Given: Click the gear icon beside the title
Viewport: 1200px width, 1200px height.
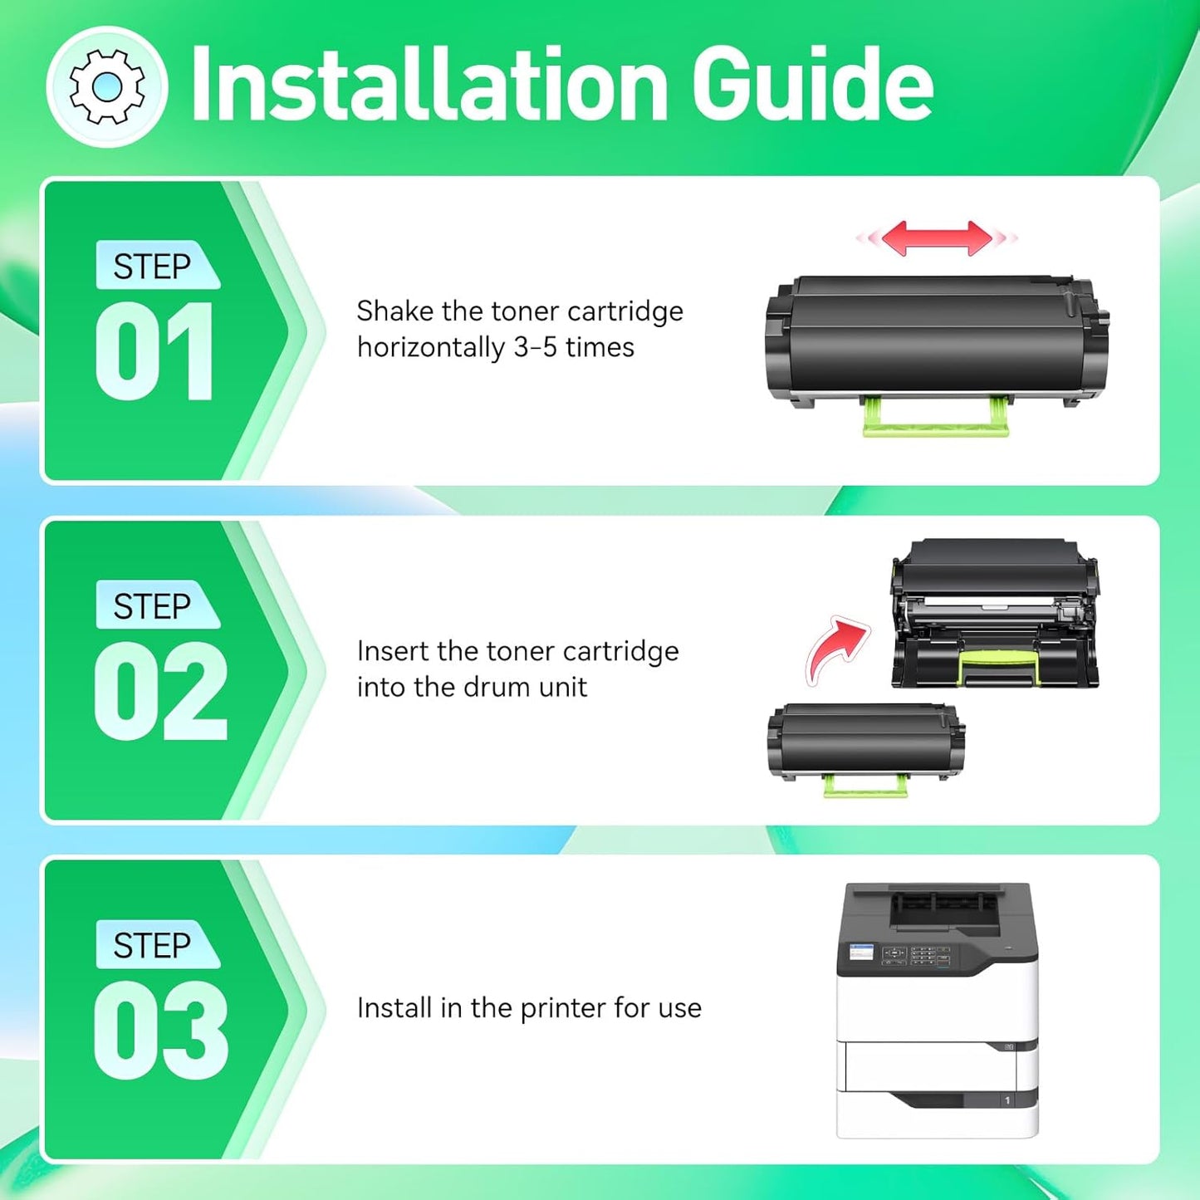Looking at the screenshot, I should pos(107,86).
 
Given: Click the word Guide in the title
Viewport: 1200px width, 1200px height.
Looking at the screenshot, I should pos(812,84).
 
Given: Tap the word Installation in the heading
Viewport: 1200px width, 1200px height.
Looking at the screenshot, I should pos(429,84).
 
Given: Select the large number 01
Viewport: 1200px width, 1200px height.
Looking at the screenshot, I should pos(155,351).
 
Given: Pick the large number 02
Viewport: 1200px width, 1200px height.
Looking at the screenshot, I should pos(160,691).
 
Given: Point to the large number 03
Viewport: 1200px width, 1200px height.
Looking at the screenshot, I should pos(160,1031).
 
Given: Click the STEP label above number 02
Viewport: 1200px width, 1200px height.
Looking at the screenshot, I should pos(153,605).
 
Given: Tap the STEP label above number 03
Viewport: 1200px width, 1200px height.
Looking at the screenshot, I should pos(153,945).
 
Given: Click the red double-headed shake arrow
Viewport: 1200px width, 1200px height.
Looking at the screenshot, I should pos(937,238).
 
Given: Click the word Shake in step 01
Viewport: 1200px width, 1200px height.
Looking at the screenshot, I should pos(395,311).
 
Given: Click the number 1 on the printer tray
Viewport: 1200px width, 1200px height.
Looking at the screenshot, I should pos(1007,1100).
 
